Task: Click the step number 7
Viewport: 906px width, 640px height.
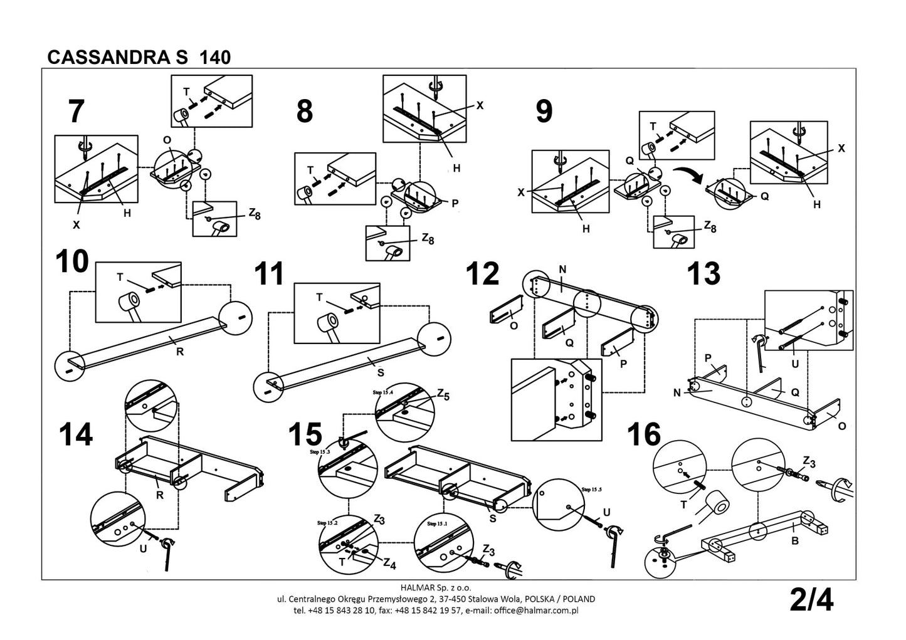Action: tap(76, 112)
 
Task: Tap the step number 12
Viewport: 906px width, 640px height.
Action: tap(483, 274)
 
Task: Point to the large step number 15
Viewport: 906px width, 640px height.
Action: tap(305, 434)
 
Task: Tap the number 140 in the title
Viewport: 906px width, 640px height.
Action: tap(215, 58)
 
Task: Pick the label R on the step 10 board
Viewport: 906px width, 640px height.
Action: tap(180, 352)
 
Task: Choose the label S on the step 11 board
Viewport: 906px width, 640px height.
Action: tap(380, 372)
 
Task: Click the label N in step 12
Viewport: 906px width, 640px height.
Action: tap(562, 270)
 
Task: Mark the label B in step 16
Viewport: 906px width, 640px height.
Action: tap(794, 541)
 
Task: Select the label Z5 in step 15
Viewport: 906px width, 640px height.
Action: tap(443, 394)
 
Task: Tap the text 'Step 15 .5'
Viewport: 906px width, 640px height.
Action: tap(591, 489)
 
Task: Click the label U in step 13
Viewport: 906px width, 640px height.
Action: tap(796, 363)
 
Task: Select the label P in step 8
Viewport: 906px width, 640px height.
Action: tap(455, 202)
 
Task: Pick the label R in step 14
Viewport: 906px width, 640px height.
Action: tap(160, 495)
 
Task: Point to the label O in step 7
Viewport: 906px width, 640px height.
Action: tap(166, 139)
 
